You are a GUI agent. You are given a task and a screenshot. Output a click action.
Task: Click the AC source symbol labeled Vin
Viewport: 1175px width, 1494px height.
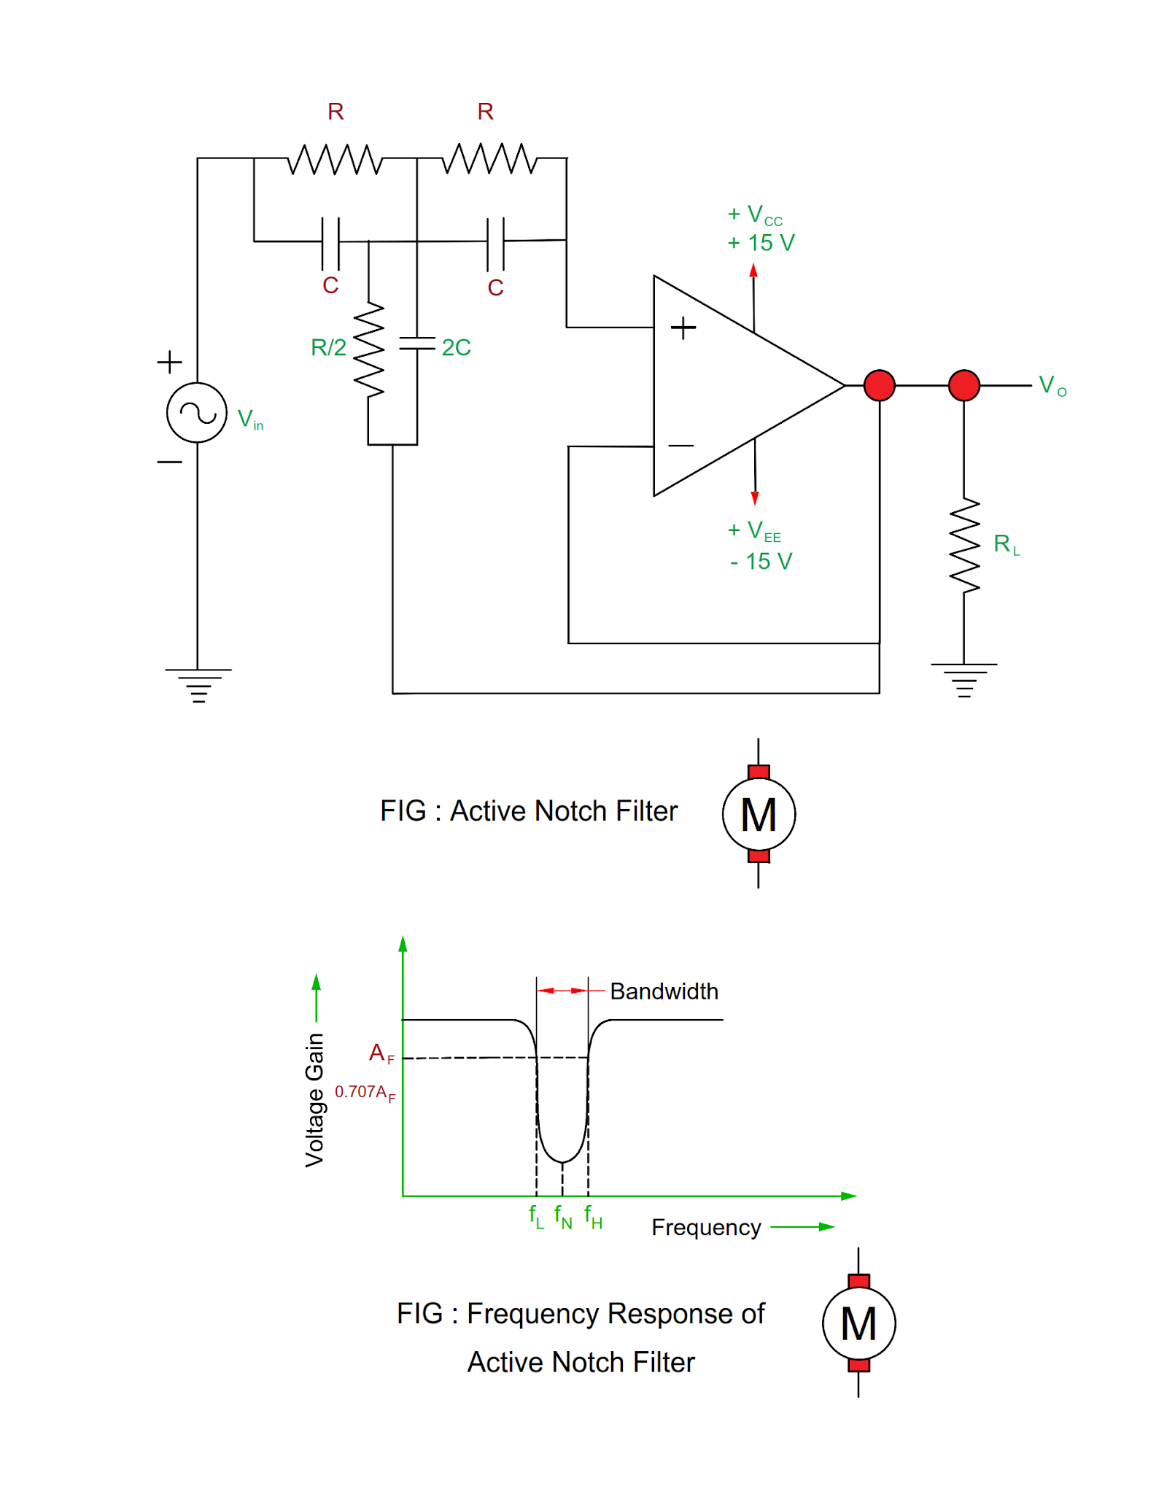(x=196, y=412)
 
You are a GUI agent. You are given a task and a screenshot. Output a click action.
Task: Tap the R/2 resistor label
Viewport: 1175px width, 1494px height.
(x=328, y=347)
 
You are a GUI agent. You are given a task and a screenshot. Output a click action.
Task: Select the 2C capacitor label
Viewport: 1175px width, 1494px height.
(x=456, y=347)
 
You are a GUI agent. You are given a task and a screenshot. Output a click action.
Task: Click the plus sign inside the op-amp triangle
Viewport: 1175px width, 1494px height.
(x=683, y=328)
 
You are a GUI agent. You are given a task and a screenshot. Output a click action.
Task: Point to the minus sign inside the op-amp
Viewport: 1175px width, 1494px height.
(x=680, y=445)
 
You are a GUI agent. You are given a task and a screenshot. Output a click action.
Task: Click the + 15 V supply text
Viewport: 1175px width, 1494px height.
(x=761, y=243)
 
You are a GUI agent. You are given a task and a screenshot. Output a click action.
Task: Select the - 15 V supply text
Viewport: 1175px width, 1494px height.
(x=761, y=561)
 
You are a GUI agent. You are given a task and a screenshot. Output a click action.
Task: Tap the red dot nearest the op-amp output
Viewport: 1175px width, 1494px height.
(x=879, y=385)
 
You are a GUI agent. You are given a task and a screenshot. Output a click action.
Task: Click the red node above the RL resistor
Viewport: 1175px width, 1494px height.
(x=963, y=385)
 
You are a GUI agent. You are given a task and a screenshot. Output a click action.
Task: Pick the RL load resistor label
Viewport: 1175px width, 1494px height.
(x=1006, y=544)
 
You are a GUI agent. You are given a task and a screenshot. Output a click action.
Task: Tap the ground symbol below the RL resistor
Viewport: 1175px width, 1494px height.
(x=963, y=679)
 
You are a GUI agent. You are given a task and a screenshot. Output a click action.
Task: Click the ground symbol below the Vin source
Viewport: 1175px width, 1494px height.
(x=198, y=684)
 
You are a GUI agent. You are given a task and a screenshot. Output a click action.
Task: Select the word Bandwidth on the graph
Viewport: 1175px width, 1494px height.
(x=664, y=991)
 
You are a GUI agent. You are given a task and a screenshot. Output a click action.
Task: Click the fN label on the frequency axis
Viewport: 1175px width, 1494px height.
(x=562, y=1216)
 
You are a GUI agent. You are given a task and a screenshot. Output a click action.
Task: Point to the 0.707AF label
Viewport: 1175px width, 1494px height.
(x=365, y=1092)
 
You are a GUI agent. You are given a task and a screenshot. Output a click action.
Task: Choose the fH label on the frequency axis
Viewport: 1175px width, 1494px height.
(x=593, y=1216)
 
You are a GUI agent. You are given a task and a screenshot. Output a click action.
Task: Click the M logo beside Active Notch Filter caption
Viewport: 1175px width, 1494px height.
(x=759, y=814)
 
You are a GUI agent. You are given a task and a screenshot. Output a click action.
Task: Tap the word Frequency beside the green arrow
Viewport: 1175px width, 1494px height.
(x=706, y=1228)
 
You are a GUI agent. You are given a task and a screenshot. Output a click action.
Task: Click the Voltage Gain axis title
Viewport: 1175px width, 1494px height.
(x=314, y=1100)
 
